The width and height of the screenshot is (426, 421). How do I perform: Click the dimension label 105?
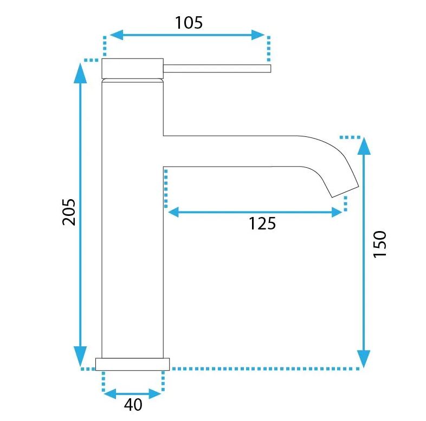(189, 23)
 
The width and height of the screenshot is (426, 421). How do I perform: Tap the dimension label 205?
(69, 212)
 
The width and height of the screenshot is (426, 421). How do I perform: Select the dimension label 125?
(262, 223)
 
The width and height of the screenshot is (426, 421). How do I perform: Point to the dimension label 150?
(380, 244)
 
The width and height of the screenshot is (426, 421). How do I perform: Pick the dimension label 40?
(133, 405)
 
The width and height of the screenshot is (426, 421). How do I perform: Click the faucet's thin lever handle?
(217, 69)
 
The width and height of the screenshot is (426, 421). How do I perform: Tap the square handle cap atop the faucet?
(133, 68)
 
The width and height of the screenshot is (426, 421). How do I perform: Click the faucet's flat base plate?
(133, 364)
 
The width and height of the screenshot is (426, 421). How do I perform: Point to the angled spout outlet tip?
(345, 192)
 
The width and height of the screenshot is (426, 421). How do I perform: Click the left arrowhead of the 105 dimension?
(117, 35)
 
